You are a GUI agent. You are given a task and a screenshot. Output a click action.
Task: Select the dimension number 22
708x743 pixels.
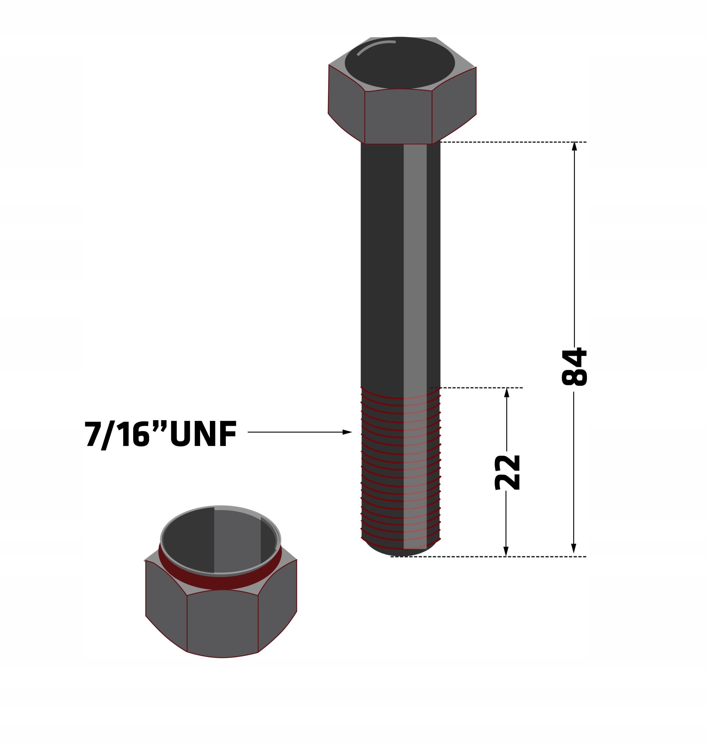[507, 473]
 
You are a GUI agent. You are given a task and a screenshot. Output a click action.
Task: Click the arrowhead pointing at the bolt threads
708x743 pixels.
[347, 432]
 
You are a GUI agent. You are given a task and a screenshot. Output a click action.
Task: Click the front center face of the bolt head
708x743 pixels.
[398, 117]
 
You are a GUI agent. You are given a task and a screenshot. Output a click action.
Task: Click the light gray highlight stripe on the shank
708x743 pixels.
[415, 264]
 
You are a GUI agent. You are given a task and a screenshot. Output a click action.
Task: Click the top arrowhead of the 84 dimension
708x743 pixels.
[574, 146]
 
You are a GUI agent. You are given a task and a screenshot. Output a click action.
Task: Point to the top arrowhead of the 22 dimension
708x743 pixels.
[507, 393]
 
